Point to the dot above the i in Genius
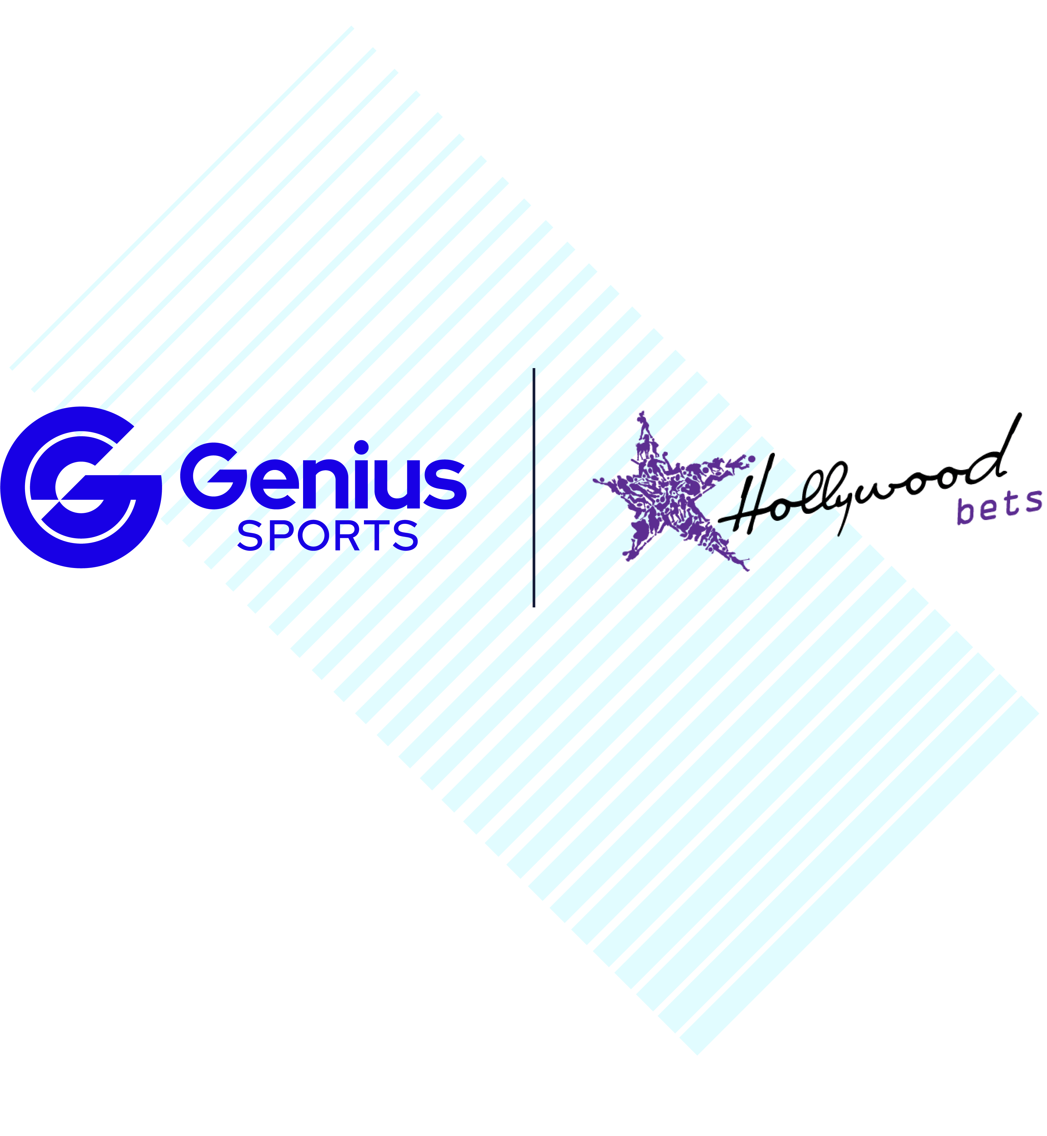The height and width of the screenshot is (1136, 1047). (x=361, y=447)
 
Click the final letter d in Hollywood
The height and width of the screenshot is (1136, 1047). (x=997, y=453)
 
